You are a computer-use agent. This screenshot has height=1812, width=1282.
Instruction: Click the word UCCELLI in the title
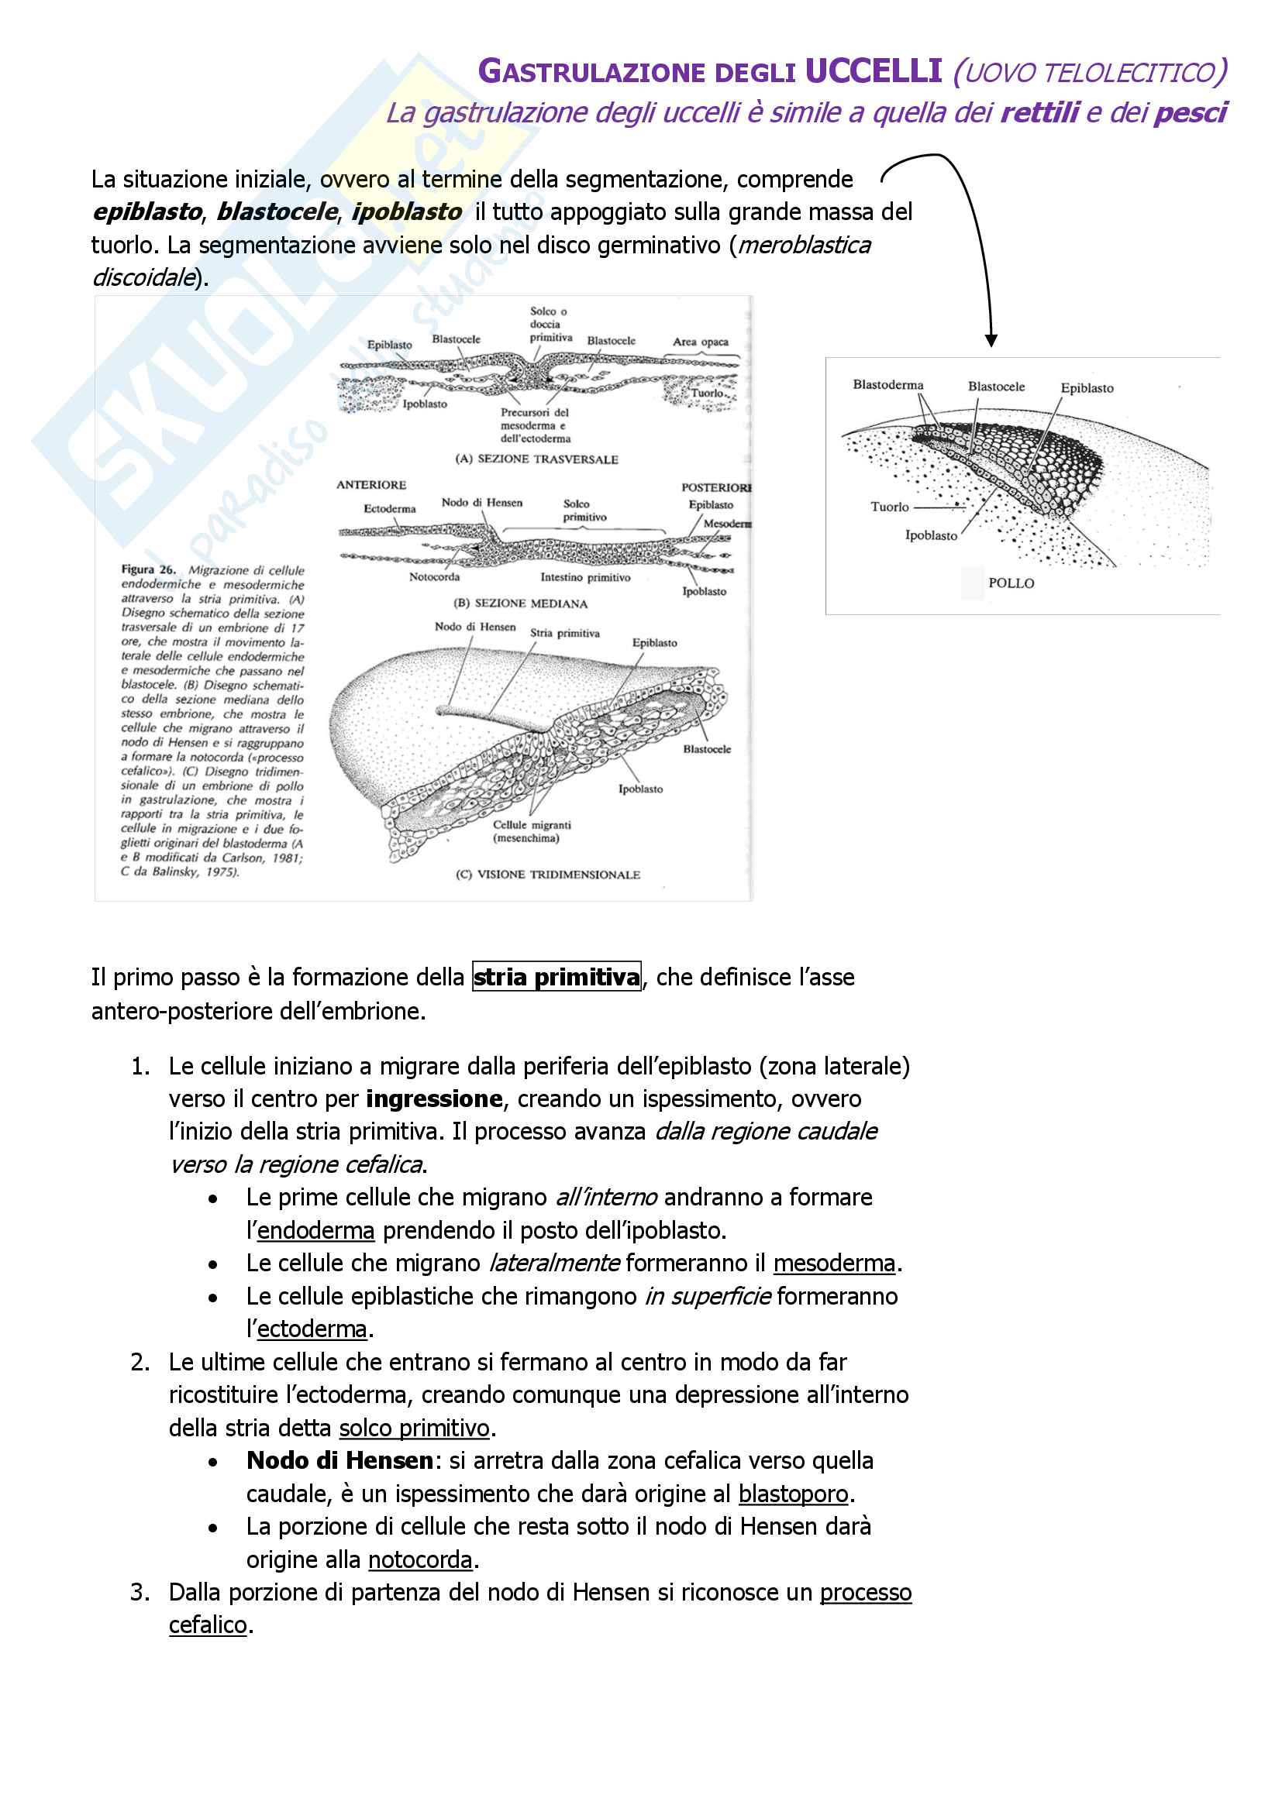coord(873,71)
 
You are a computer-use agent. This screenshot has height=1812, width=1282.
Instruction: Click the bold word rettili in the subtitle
coord(1039,113)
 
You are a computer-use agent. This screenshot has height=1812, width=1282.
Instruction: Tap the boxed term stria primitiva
coord(557,977)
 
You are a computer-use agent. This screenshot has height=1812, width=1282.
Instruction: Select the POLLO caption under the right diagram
coord(1011,583)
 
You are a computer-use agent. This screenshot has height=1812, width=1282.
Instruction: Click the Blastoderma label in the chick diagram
coord(887,385)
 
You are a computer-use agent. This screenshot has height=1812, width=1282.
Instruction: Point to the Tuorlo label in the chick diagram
coord(889,507)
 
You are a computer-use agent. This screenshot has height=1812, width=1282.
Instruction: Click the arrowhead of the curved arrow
coord(991,340)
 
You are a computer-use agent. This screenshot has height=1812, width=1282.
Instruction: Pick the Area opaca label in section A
coord(700,342)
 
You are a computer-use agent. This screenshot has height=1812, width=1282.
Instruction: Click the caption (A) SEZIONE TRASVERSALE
coord(537,459)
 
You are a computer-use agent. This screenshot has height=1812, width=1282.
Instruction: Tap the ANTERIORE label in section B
coord(371,484)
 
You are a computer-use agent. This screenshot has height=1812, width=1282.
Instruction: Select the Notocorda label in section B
coord(434,577)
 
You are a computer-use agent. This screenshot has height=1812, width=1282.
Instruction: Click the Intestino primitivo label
coord(585,578)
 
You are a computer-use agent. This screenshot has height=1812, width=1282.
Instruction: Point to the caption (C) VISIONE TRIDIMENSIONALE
coord(548,875)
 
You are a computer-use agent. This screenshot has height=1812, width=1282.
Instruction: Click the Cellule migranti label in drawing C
coord(531,825)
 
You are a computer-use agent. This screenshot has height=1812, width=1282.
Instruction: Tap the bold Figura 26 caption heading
coord(147,569)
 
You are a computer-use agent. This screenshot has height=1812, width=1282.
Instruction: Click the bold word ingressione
coord(434,1099)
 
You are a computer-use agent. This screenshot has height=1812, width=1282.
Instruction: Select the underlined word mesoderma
coord(834,1263)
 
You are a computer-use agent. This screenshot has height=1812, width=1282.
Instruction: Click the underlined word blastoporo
coord(793,1493)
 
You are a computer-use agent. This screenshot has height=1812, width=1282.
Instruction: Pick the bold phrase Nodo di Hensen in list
coord(339,1460)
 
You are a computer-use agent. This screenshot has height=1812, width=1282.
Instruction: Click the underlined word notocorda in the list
coord(420,1559)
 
